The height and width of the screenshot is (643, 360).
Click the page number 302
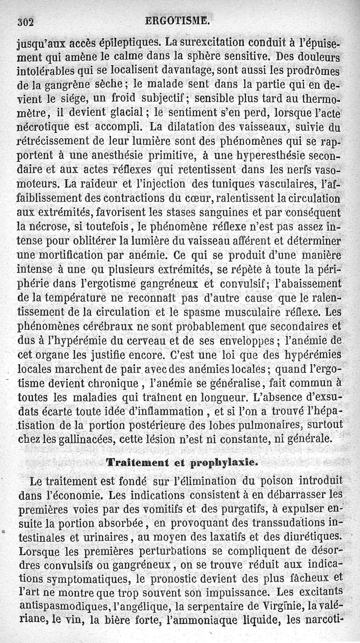pyautogui.click(x=26, y=22)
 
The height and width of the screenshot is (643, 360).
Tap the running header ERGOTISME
pyautogui.click(x=177, y=20)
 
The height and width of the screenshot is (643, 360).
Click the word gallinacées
pyautogui.click(x=85, y=439)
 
